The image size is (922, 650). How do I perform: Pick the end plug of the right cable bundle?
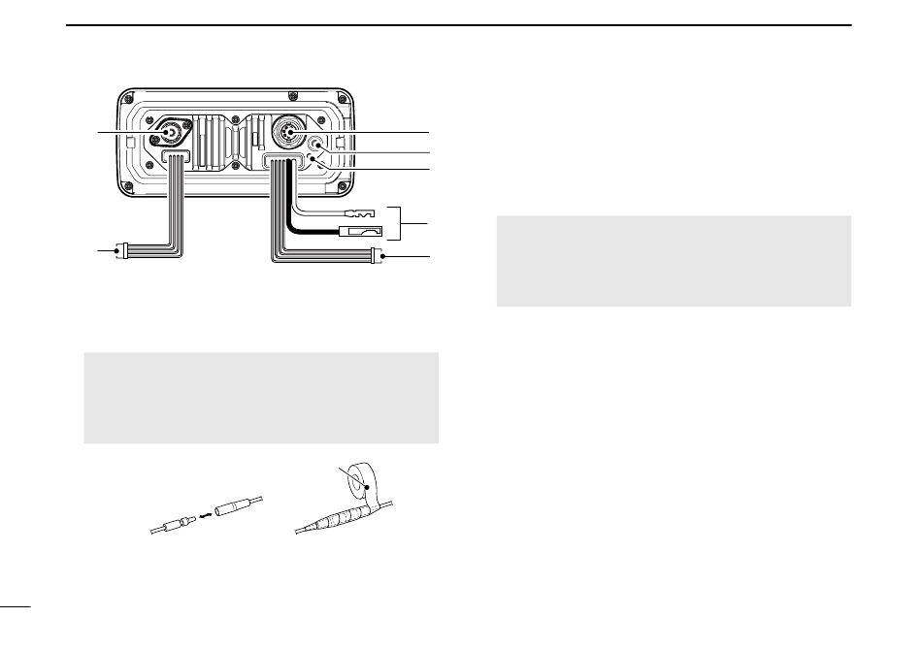pos(377,257)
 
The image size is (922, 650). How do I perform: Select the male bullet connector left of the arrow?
pos(174,523)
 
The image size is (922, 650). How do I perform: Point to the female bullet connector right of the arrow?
pos(237,509)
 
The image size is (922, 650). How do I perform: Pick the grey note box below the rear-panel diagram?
pos(262,398)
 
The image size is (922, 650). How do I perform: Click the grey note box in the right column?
pos(674,261)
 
